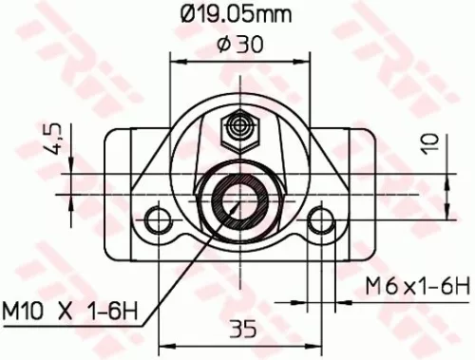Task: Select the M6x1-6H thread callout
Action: [x=418, y=285]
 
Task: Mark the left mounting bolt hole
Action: [x=154, y=218]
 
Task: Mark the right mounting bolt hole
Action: [x=321, y=218]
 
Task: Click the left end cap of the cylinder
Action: [x=119, y=180]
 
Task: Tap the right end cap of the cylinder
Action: [x=358, y=180]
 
